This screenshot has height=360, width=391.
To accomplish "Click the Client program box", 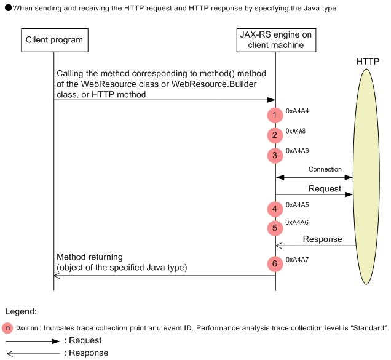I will point(54,41).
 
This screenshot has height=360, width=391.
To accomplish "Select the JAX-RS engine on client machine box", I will point(275,41).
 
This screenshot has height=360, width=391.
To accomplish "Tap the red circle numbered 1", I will point(275,115).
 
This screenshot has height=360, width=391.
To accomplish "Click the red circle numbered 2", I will point(275,135).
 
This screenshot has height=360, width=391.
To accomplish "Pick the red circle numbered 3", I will point(275,156).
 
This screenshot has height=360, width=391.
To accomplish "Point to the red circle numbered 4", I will point(275,209).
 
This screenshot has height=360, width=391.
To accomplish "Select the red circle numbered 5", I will point(275,228).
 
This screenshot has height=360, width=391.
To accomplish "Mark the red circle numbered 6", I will point(275,264).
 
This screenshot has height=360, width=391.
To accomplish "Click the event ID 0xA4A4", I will point(297,111).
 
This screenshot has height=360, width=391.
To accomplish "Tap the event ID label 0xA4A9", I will point(297,151).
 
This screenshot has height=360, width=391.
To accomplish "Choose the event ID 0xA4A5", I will point(297,204).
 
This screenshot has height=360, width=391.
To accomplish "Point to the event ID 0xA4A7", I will point(297,260).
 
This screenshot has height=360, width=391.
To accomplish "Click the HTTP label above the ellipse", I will point(368,62).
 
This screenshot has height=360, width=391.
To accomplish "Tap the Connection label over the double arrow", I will point(325,169).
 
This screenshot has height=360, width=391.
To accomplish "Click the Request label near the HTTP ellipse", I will point(324,188).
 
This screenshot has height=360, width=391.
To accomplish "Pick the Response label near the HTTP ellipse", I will point(322,239).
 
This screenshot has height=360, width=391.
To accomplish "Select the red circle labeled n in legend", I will point(7,328).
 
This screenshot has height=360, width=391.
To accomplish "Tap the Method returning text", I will point(90,257).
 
